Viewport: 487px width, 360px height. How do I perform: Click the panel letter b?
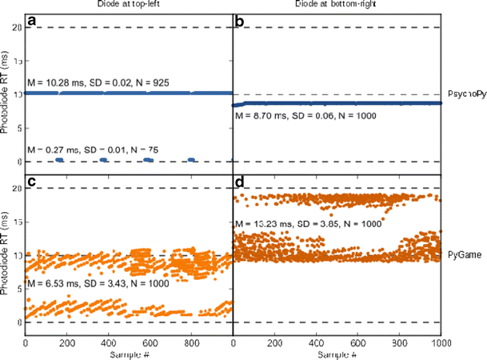click(238, 22)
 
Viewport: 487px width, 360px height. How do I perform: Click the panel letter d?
click(238, 182)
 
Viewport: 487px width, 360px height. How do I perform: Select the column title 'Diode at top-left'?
click(129, 6)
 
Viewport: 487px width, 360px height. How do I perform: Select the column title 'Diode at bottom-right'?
click(336, 6)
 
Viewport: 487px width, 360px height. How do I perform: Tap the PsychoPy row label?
click(465, 94)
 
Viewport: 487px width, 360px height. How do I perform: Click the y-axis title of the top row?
click(6, 94)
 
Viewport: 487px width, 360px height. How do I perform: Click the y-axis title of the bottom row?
click(6, 254)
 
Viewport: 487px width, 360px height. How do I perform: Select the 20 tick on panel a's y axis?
click(16, 28)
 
